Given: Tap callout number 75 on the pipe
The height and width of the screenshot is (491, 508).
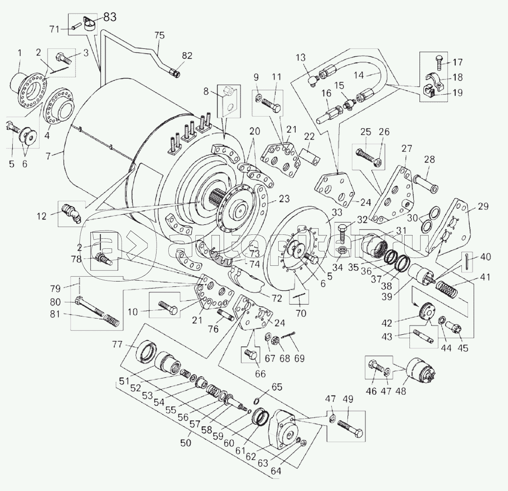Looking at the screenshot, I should [160, 36].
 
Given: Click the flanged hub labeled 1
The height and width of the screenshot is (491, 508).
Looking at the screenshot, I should [27, 89].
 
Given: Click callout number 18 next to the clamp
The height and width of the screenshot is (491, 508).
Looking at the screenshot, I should [457, 77].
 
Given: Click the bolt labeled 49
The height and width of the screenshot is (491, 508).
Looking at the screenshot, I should [349, 427].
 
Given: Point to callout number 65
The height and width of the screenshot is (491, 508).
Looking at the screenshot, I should [277, 387].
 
